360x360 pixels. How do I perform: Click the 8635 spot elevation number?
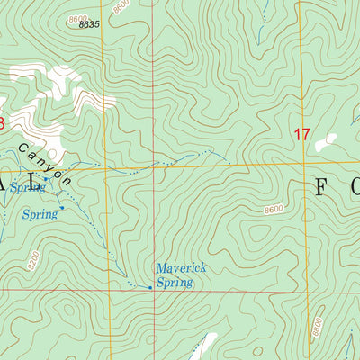click(x=88, y=24)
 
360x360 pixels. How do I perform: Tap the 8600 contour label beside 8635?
click(x=78, y=17)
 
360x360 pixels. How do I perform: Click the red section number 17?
click(x=301, y=135)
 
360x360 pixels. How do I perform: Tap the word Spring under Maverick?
click(x=174, y=283)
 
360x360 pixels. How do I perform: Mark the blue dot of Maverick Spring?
click(x=149, y=287)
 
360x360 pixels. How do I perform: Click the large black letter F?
click(x=321, y=186)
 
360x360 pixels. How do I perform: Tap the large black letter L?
click(x=35, y=182)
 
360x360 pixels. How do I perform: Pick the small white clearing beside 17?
click(x=325, y=141)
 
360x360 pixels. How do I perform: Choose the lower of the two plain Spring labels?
click(x=40, y=214)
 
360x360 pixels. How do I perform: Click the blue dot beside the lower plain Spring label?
click(x=62, y=211)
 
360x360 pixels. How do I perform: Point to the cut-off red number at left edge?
click(x=2, y=121)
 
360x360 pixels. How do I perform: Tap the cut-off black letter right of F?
click(x=354, y=187)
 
